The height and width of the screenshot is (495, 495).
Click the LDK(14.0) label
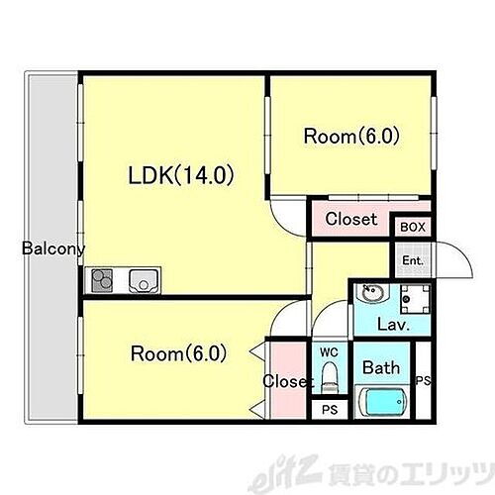pyautogui.click(x=180, y=176)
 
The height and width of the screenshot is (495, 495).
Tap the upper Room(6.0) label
pyautogui.click(x=350, y=137)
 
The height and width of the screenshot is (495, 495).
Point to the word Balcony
pyautogui.click(x=53, y=248)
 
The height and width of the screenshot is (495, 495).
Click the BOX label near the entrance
pyautogui.click(x=413, y=227)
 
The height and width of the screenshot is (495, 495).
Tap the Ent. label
pyautogui.click(x=412, y=261)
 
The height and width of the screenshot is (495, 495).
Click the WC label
pyautogui.click(x=328, y=350)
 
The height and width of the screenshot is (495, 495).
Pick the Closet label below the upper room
pyautogui.click(x=350, y=219)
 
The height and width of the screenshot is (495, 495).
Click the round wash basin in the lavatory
pyautogui.click(x=372, y=295)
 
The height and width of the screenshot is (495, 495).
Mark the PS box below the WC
pyautogui.click(x=328, y=408)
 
